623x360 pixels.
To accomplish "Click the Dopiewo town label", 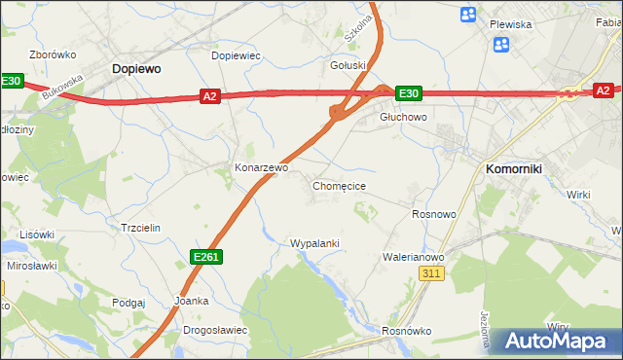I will click(x=136, y=69).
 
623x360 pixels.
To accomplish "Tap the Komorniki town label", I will click(x=514, y=168).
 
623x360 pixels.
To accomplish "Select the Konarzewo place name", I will click(x=261, y=167).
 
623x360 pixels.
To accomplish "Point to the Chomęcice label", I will click(x=339, y=185).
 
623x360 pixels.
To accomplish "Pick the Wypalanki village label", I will click(x=314, y=242).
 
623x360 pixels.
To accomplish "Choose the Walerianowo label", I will click(x=414, y=257).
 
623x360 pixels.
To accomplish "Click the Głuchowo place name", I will click(x=403, y=117).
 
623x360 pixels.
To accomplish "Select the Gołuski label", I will click(x=348, y=65).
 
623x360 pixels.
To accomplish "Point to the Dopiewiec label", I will click(x=236, y=55).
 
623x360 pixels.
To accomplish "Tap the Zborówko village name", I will click(x=53, y=54).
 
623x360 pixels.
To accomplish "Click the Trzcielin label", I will click(x=139, y=227).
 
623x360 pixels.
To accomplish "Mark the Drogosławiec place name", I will click(x=215, y=330).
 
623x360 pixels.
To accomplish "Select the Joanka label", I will click(x=191, y=301).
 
